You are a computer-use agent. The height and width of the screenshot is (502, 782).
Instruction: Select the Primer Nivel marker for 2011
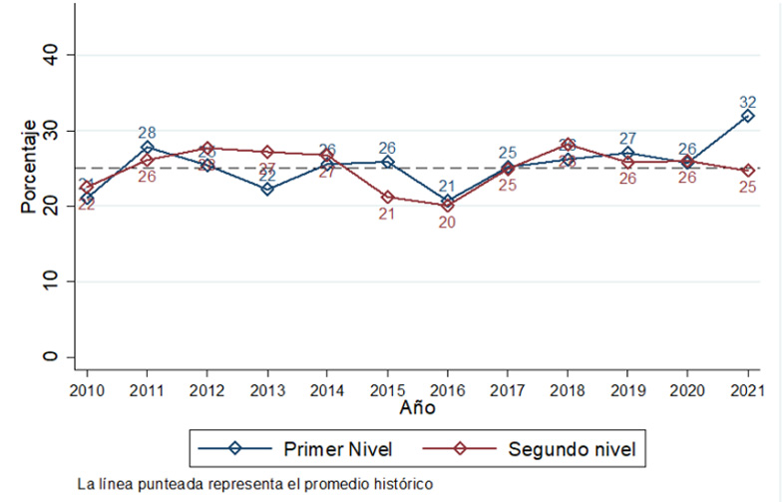147,147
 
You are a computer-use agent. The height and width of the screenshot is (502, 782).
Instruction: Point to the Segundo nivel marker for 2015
387,197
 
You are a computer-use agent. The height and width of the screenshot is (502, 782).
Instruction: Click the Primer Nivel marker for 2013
266,189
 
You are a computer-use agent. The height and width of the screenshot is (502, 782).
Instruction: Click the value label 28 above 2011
147,133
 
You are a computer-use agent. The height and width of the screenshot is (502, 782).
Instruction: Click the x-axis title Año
417,408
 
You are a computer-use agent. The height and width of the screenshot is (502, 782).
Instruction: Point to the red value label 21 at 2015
387,214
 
